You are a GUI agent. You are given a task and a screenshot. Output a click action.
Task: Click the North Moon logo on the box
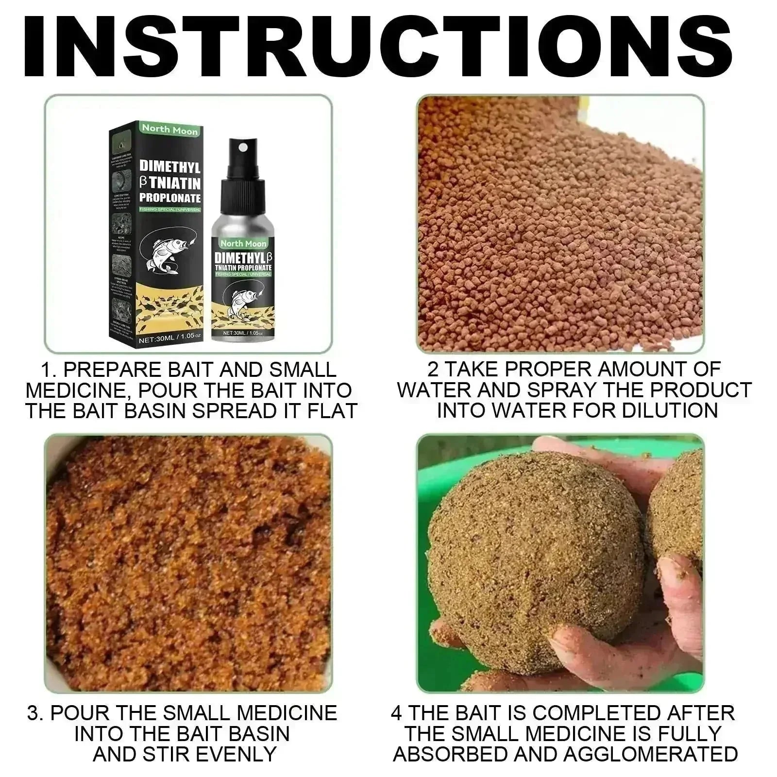pos(169,130)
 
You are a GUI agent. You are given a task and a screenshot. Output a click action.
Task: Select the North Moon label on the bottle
pos(243,243)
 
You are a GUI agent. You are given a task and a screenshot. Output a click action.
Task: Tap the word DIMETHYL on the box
pos(169,166)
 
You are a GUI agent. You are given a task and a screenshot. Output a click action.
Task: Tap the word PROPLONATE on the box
pos(169,198)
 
